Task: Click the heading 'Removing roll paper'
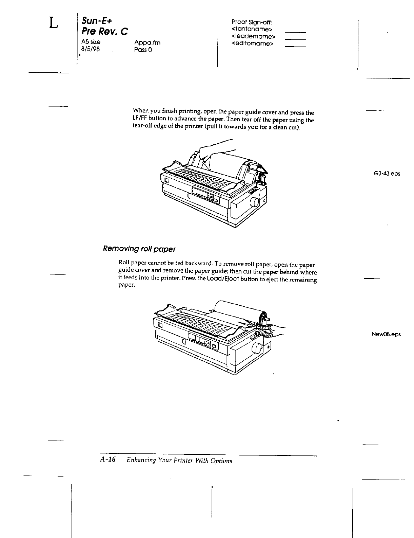[139, 249]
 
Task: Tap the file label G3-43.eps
[387, 174]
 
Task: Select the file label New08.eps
[386, 334]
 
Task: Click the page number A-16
[108, 460]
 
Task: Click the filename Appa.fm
[147, 42]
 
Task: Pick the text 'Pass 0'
[143, 50]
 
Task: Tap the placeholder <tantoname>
[252, 29]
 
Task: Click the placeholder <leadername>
[254, 36]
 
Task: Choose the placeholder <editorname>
[253, 43]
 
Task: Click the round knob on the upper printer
[255, 202]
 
